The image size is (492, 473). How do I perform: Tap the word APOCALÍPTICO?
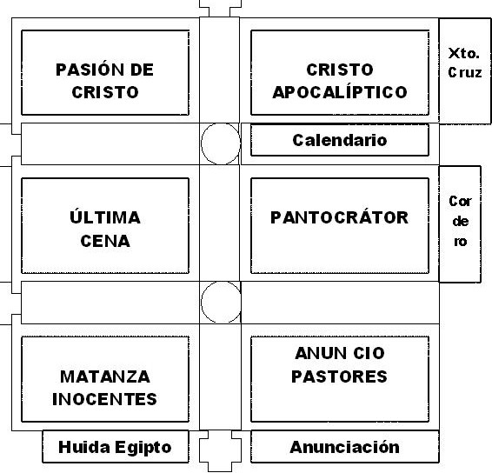[x=340, y=92]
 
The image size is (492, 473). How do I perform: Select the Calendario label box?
[x=340, y=140]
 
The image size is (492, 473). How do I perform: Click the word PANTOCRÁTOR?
[x=340, y=217]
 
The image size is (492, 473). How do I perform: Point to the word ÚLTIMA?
[x=105, y=217]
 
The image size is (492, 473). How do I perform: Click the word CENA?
[x=105, y=241]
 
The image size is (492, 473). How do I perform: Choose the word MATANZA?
[x=105, y=376]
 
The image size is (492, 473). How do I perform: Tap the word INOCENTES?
[x=105, y=399]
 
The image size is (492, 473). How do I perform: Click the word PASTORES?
[x=339, y=376]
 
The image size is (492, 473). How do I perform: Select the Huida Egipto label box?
[x=116, y=447]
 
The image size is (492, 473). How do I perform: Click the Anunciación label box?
[x=345, y=447]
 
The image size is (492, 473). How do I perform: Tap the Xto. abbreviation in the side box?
[x=464, y=53]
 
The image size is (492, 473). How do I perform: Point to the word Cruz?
[x=465, y=72]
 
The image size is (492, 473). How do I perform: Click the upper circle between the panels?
[x=221, y=143]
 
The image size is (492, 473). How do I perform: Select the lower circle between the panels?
[x=221, y=302]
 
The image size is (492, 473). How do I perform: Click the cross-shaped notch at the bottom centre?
[x=220, y=450]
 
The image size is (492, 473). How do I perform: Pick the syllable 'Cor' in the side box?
[x=460, y=201]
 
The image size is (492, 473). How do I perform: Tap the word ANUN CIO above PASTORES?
[x=340, y=353]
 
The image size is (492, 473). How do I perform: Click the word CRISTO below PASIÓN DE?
[x=105, y=92]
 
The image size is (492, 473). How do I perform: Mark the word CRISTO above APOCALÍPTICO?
[x=340, y=70]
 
